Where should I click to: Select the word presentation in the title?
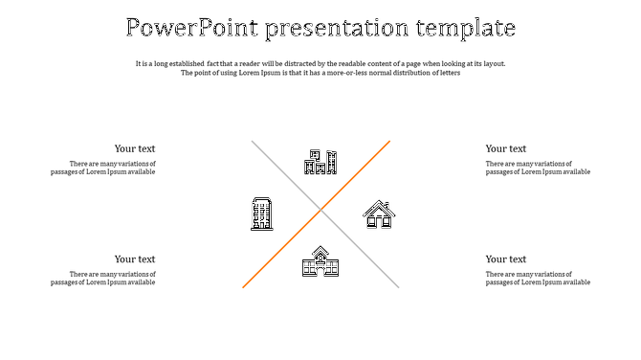tap(330, 27)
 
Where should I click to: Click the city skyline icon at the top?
tap(320, 162)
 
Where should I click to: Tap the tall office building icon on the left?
tap(262, 214)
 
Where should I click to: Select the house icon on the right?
tap(379, 214)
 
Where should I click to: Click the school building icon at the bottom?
tap(320, 261)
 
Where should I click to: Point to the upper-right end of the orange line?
tap(389, 142)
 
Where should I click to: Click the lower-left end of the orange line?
tap(244, 286)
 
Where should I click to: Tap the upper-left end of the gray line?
tap(253, 142)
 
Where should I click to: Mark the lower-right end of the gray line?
tap(398, 286)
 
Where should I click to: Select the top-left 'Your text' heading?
tap(135, 148)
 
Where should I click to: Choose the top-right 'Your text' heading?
tap(505, 148)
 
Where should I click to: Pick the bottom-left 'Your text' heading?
tap(135, 259)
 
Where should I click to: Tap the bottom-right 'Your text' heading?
tap(505, 259)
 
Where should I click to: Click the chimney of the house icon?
tap(387, 205)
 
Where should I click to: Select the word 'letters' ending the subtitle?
tap(448, 73)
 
